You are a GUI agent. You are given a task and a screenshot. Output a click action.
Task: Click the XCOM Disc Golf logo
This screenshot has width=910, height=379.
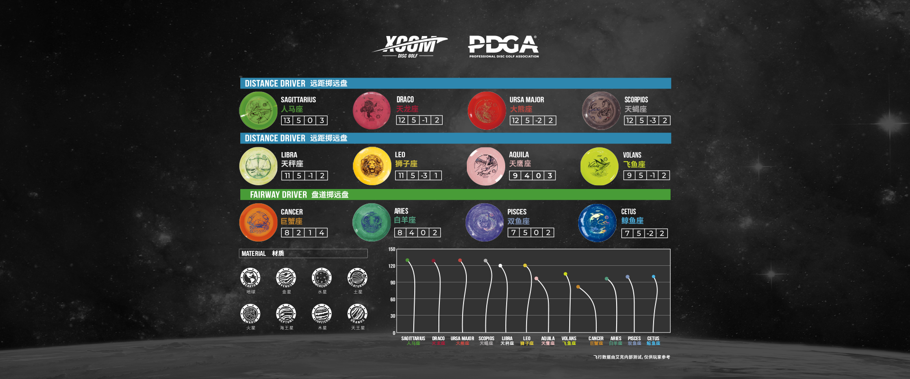tap(410, 46)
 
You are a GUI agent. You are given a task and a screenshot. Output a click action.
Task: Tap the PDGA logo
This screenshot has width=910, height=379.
tap(503, 46)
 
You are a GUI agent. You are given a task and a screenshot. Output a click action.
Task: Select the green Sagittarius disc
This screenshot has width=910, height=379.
tap(258, 111)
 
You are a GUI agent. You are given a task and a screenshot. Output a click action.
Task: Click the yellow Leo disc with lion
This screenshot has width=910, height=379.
tap(372, 166)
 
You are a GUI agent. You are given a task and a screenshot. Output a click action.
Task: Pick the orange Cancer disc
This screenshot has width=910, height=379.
tap(258, 222)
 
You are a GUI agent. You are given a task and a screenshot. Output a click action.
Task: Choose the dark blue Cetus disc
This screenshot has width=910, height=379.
tap(597, 223)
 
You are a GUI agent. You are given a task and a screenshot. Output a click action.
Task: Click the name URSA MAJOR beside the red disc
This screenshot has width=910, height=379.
tap(527, 100)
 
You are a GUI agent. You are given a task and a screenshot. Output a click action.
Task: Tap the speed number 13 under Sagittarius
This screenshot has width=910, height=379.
tap(287, 120)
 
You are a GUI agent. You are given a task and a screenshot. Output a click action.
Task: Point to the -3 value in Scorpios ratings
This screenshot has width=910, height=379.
tap(653, 120)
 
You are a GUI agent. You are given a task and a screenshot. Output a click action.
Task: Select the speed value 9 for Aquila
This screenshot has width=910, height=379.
tap(515, 176)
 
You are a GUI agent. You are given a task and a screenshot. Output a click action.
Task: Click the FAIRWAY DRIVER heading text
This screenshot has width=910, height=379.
tap(278, 195)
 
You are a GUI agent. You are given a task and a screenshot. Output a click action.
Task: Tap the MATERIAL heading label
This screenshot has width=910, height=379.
tap(254, 253)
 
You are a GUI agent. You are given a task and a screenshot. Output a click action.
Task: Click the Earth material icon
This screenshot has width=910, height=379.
tap(250, 278)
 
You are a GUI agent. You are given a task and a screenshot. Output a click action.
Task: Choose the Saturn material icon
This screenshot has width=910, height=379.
tap(357, 278)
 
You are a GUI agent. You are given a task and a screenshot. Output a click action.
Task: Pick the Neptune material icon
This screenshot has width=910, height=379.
tap(286, 314)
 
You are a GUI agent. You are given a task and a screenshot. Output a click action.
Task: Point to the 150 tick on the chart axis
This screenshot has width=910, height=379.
tap(391, 249)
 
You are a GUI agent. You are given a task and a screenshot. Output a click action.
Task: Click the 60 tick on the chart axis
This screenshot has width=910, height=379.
tap(392, 299)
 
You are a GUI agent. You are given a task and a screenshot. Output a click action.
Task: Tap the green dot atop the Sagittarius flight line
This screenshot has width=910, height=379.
tap(407, 260)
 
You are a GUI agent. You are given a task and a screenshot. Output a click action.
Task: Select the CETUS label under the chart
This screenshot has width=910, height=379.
tap(653, 339)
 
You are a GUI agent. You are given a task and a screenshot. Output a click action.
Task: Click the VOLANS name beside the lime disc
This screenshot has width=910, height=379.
tap(632, 155)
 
